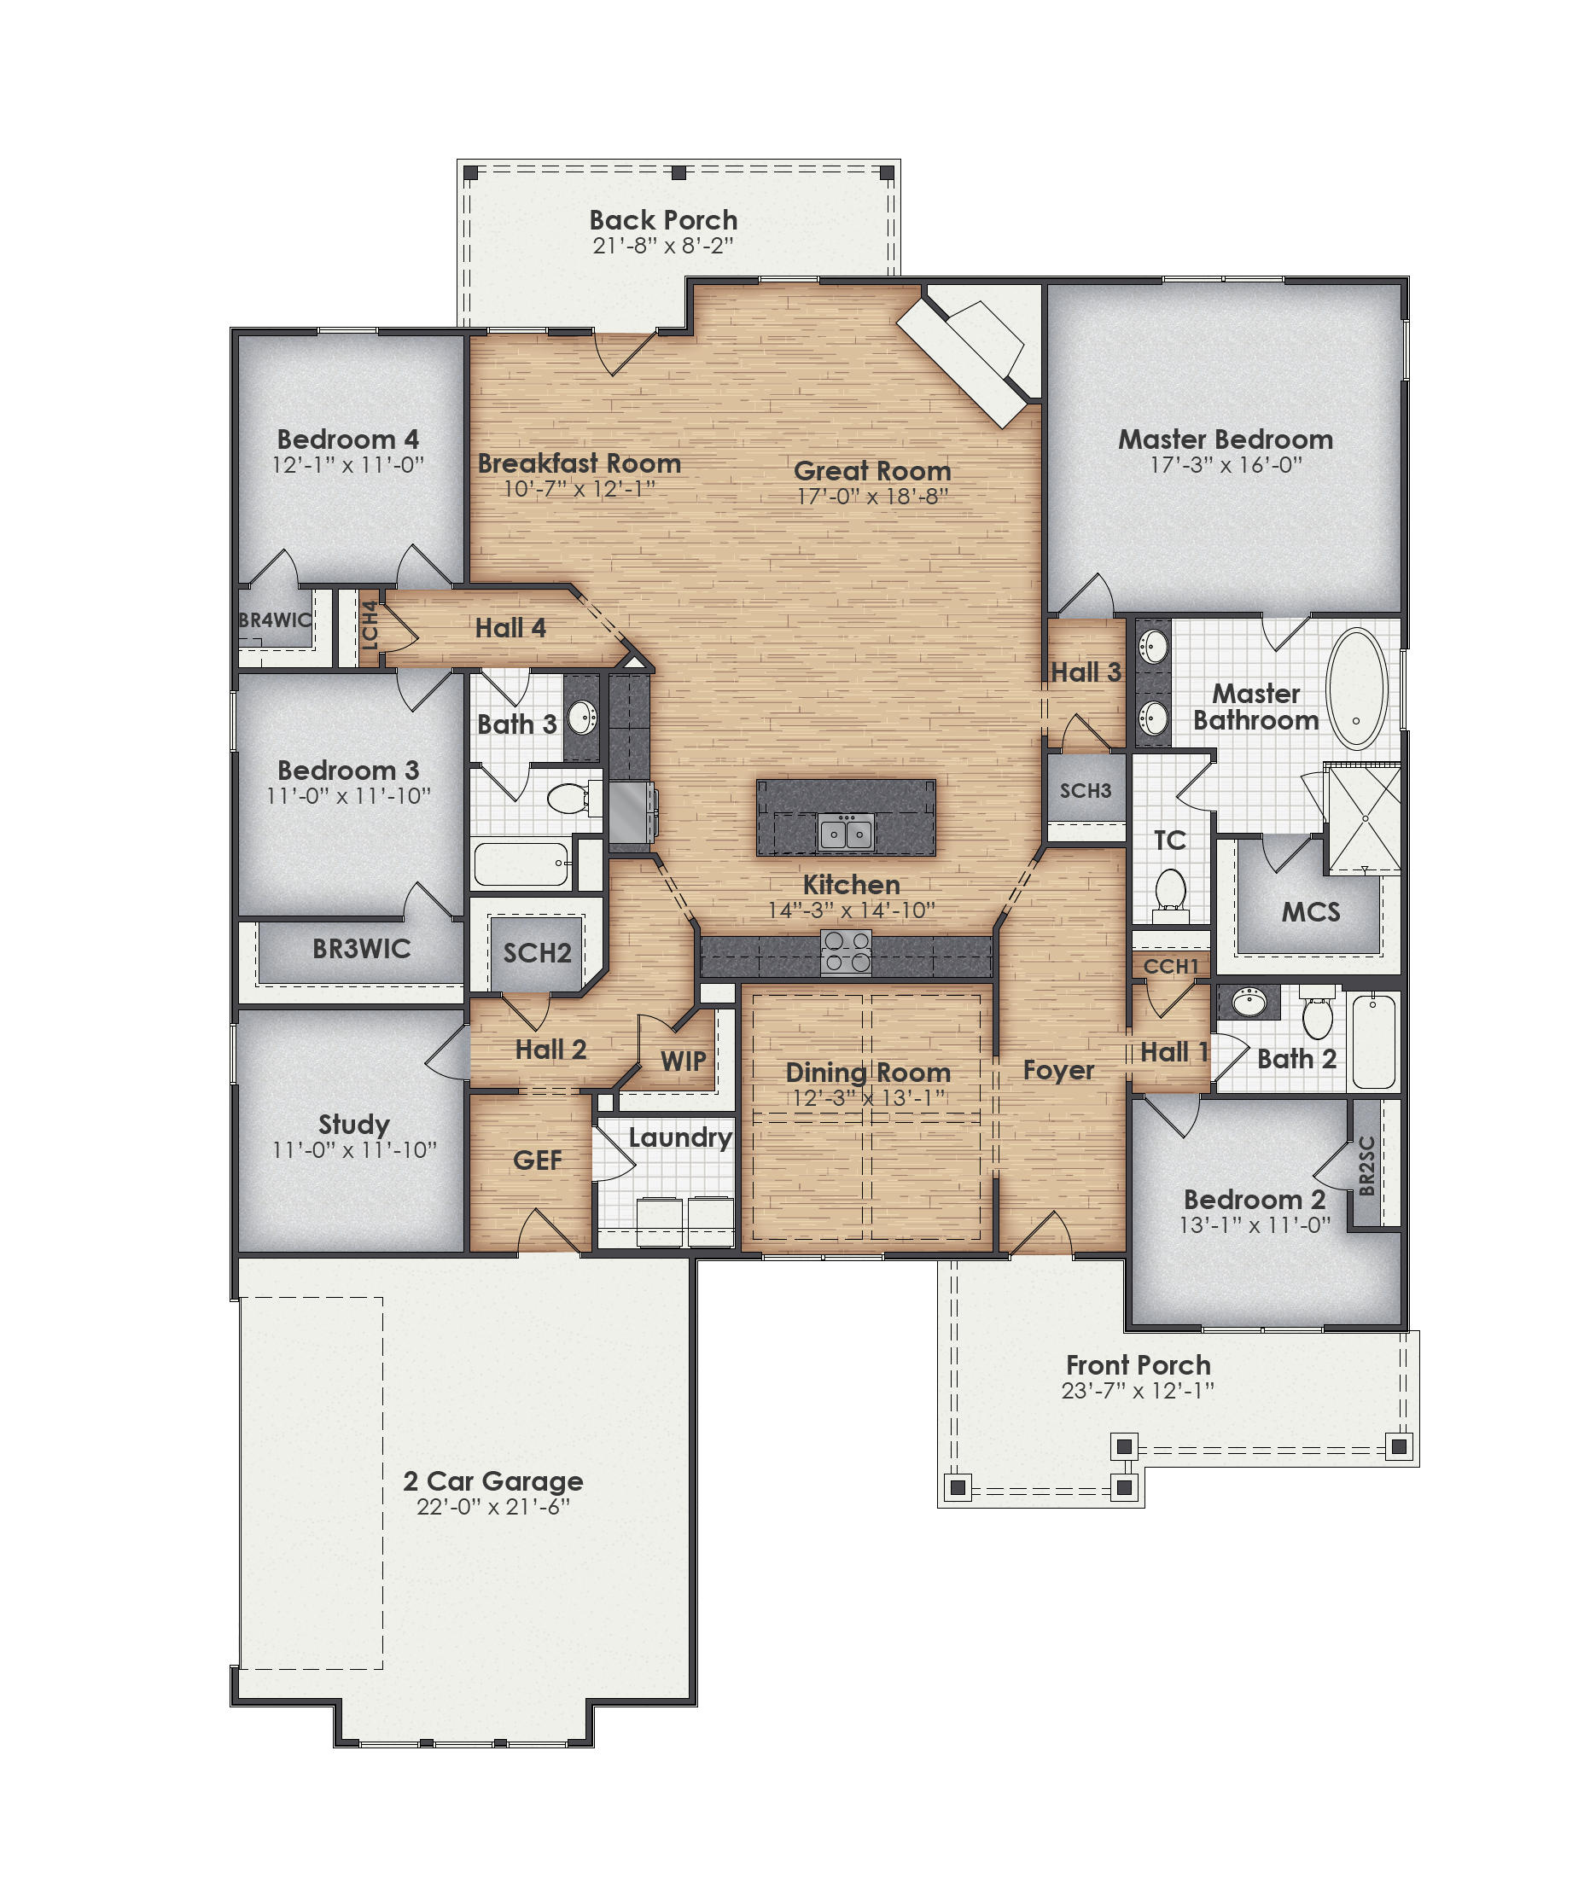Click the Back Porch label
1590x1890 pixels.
[662, 220]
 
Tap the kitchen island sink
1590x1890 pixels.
[846, 831]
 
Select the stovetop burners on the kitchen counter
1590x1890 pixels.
[847, 951]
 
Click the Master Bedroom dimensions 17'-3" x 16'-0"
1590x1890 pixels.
[1226, 465]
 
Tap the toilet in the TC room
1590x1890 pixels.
[1170, 888]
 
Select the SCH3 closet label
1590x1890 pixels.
[1086, 790]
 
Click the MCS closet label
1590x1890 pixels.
[1311, 912]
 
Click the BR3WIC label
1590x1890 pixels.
[362, 948]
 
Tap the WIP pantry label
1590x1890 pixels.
[682, 1061]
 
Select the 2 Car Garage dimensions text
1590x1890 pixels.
[493, 1507]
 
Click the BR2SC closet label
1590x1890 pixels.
[1366, 1166]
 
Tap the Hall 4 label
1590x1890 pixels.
[510, 628]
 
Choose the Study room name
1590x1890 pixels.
[353, 1124]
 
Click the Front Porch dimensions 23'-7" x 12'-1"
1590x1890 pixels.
[1138, 1391]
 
